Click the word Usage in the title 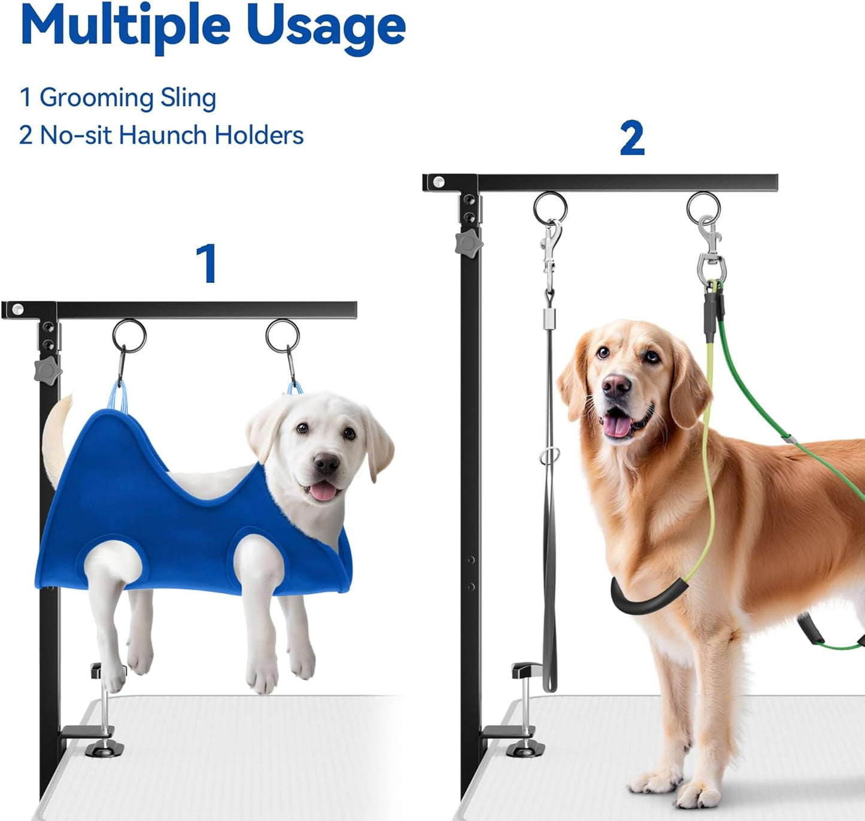point(326,27)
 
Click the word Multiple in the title point(125,27)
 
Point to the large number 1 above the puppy point(207,263)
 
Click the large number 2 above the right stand point(632,138)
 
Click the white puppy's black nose point(326,463)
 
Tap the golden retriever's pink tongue point(616,426)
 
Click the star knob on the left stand point(48,372)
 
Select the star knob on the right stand point(469,243)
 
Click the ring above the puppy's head point(283,336)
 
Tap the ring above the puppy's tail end point(129,336)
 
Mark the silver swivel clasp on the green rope point(711,252)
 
